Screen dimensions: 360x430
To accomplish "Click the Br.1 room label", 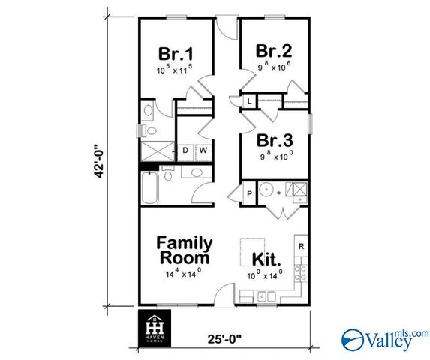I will [176, 55].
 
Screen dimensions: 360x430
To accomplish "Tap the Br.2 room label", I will [273, 51].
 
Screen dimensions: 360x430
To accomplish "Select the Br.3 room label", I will [274, 141].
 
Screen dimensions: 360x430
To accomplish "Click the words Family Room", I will [184, 250].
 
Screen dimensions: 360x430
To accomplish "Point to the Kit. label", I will [266, 259].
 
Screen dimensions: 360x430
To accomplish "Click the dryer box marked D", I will [185, 151].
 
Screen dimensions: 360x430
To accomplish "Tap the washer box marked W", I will [203, 151].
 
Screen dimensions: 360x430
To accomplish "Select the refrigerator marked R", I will [302, 246].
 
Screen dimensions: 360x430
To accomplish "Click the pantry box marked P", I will [249, 193].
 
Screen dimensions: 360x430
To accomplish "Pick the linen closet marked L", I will [249, 100].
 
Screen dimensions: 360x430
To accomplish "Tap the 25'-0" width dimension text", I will [224, 337].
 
